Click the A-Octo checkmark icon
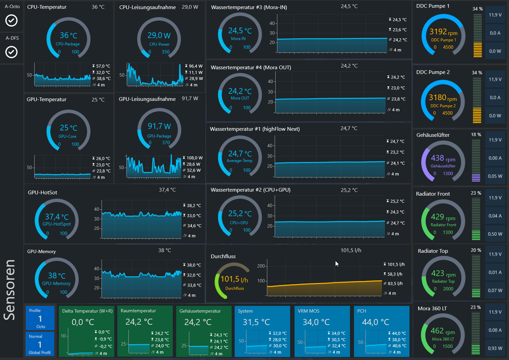[x=11, y=21]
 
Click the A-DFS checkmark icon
[x=11, y=52]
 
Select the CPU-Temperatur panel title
[x=47, y=7]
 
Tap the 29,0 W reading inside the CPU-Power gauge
[x=159, y=35]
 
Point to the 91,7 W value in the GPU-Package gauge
[x=159, y=126]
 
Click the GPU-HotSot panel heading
[x=42, y=193]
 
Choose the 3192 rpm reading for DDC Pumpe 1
[x=443, y=32]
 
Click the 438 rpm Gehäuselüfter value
[x=443, y=158]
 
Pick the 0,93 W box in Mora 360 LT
[x=495, y=348]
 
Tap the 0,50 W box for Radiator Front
[x=495, y=234]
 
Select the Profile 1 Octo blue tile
[x=40, y=318]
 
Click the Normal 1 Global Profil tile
[x=40, y=344]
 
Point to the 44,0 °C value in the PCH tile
[x=375, y=322]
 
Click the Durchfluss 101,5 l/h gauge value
[x=234, y=279]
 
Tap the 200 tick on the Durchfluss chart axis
[x=261, y=266]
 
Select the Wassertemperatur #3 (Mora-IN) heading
[x=249, y=7]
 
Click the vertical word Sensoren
[x=10, y=290]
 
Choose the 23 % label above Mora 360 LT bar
[x=475, y=307]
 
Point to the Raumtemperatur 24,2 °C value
[x=139, y=322]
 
